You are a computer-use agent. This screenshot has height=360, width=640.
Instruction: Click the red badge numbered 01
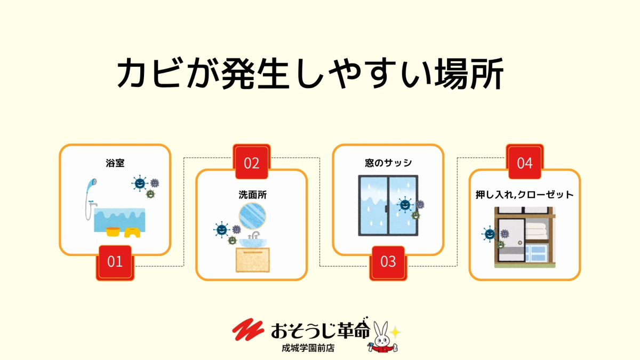point(115,262)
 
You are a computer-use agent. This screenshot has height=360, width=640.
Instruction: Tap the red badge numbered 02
point(251,163)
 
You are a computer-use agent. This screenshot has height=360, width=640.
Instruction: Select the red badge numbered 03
point(388,262)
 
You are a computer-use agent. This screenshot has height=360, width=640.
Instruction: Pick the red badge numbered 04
point(525,163)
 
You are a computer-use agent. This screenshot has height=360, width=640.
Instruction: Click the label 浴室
point(115,163)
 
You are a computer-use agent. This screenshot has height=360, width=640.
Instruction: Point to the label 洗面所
point(252,195)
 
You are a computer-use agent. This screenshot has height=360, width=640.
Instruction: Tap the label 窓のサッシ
point(388,163)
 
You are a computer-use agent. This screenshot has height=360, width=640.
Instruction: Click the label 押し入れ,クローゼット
point(525,195)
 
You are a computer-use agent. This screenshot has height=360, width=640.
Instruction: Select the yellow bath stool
point(132,232)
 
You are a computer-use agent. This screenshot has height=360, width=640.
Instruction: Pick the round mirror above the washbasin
point(253,216)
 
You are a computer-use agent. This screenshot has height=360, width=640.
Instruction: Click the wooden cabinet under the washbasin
point(253,260)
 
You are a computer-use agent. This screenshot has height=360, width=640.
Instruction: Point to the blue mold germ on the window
point(405,205)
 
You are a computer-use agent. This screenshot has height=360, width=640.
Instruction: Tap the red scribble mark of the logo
point(249,331)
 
